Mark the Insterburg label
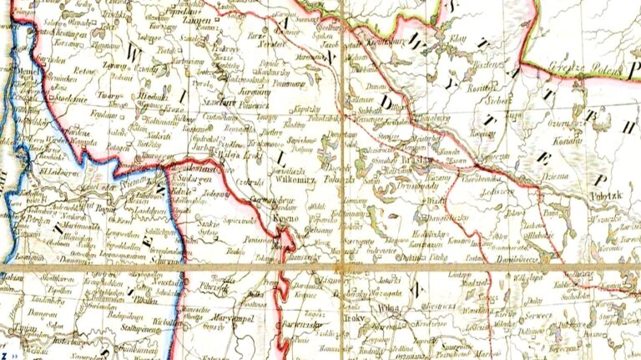(55, 341)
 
